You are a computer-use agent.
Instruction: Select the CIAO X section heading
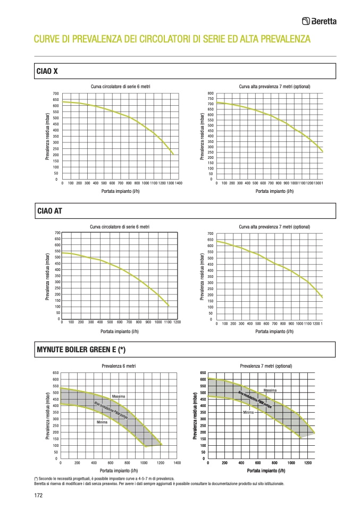pos(47,71)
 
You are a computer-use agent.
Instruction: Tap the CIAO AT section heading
pos(49,210)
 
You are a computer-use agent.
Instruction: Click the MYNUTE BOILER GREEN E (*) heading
pos(81,350)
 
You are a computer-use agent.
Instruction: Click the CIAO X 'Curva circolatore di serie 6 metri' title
pos(120,87)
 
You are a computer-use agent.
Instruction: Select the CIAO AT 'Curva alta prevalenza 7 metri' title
pos(274,227)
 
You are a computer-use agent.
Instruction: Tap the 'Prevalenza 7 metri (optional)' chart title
pos(266,366)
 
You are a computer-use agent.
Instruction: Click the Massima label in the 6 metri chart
pos(119,396)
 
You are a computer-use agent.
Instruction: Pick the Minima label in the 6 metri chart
pos(102,422)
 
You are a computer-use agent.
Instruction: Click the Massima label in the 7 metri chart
pos(270,391)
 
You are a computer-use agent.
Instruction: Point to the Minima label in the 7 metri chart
pos(248,412)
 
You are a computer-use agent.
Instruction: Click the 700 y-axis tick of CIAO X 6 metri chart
pos(56,94)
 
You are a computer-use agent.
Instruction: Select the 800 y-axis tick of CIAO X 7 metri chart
pos(211,94)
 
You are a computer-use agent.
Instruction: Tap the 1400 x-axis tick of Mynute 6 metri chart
pos(177,463)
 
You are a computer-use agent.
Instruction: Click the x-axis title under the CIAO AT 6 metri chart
pos(120,332)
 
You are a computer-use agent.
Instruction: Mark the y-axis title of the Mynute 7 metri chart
pos(195,415)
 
